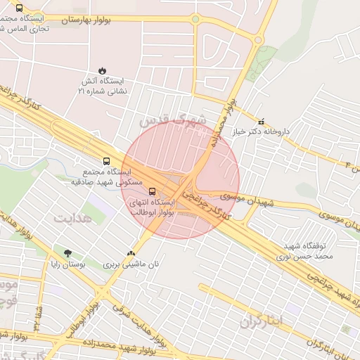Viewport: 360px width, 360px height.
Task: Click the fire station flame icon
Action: click(x=103, y=70)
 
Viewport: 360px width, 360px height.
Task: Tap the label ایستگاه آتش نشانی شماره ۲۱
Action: click(x=103, y=86)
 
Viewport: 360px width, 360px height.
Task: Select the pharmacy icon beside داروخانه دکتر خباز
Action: click(x=262, y=121)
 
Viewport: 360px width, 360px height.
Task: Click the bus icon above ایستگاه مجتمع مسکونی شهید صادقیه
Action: click(x=106, y=161)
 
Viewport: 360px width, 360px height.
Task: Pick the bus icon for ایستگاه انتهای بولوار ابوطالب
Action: click(x=153, y=191)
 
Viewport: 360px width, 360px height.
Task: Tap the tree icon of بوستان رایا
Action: click(x=67, y=253)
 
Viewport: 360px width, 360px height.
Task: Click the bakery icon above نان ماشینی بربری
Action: click(x=130, y=253)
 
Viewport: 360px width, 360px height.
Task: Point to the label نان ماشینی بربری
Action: click(x=129, y=265)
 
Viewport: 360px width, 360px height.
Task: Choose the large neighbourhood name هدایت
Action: click(x=72, y=219)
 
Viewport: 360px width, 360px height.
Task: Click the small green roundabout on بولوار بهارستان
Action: click(x=195, y=19)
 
